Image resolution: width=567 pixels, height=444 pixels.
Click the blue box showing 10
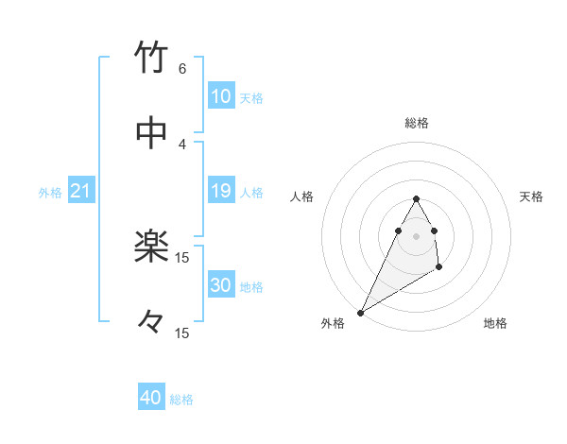pos(221,95)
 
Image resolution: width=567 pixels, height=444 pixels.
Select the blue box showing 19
pos(221,191)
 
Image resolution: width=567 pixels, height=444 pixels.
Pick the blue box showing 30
pos(221,285)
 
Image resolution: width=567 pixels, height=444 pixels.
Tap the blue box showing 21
pos(80,191)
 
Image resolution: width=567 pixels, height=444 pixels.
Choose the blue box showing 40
pos(151,399)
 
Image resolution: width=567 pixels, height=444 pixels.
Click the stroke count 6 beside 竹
pos(182,68)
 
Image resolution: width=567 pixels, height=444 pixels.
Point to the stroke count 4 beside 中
pos(182,144)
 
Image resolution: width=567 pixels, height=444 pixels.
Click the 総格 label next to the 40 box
pos(181,400)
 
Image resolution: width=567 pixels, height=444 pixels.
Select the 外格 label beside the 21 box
pos(50,192)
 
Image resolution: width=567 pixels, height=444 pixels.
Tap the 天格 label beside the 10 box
pos(251,97)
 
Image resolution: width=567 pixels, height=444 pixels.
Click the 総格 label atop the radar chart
pos(417,123)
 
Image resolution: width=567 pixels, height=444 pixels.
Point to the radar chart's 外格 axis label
pos(333,323)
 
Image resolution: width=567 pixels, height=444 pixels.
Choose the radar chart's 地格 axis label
pos(495,323)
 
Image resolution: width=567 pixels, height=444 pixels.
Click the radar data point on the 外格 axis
pos(360,312)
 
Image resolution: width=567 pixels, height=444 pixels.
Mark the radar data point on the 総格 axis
pos(416,199)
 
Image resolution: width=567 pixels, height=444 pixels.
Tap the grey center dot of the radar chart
pos(416,236)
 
